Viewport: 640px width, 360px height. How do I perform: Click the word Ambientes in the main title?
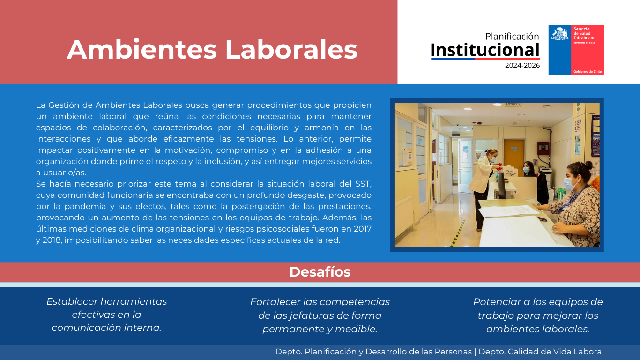tap(142, 50)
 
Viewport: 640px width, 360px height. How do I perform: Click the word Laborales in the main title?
tap(291, 50)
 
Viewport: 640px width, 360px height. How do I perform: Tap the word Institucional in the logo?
tap(485, 50)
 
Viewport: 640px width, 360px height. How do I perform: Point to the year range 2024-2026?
tap(522, 66)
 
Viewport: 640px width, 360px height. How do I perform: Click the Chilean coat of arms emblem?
tap(559, 33)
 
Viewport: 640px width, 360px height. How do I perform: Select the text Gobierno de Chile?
tap(588, 72)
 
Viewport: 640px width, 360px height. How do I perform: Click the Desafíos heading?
tap(320, 272)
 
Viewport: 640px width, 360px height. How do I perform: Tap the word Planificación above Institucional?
tap(512, 36)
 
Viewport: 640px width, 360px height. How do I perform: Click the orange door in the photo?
tap(513, 154)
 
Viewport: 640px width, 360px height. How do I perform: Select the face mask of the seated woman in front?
tap(569, 184)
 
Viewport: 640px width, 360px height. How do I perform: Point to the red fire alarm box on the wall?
tap(543, 148)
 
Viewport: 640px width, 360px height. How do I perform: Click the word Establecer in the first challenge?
tap(72, 301)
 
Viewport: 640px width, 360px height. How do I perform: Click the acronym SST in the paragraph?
tap(363, 184)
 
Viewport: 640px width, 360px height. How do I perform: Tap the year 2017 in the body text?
tap(363, 229)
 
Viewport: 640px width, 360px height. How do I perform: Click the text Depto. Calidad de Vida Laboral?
tap(541, 352)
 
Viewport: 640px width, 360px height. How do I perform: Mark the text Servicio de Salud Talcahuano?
tap(585, 33)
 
